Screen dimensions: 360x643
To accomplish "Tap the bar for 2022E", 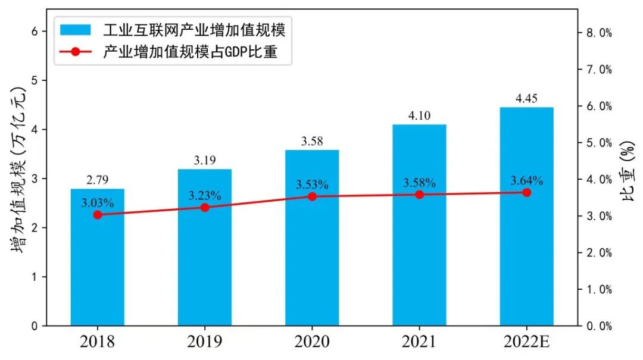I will (526, 250).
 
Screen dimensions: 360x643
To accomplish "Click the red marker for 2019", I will (205, 207).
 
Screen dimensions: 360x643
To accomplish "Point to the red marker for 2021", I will (419, 195).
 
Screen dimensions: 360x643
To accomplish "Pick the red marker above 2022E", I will (526, 192).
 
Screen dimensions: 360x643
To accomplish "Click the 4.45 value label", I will (526, 99).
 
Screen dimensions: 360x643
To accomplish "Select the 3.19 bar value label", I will (205, 161).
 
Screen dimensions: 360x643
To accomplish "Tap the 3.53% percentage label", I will (312, 184).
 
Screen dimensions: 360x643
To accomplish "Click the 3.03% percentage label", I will (98, 202).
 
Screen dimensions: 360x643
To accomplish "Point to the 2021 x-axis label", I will (419, 342).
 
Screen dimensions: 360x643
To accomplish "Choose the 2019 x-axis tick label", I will (205, 342).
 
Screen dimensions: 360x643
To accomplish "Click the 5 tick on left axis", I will (43, 80).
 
